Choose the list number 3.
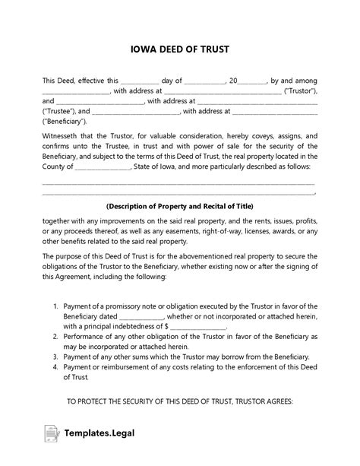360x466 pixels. tap(56, 355)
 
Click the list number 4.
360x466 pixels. tap(56, 366)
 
